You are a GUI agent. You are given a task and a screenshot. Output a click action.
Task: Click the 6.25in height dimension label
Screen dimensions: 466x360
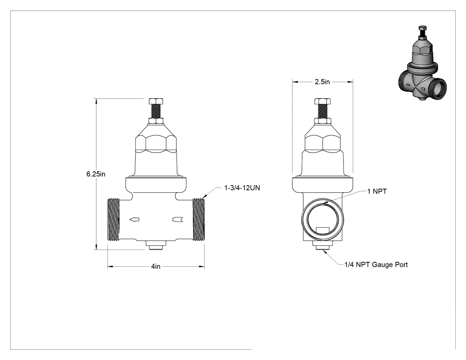coord(96,174)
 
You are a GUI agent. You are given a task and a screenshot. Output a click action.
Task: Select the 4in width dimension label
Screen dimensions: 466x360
coord(156,266)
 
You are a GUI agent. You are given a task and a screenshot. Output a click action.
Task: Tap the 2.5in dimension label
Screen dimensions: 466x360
coord(322,82)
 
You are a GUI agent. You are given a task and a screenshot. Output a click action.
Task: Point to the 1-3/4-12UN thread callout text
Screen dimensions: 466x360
coord(242,188)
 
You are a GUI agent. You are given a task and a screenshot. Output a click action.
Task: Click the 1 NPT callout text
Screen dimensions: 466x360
coord(377,191)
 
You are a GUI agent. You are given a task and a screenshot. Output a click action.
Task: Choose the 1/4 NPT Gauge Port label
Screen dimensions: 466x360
coord(376,265)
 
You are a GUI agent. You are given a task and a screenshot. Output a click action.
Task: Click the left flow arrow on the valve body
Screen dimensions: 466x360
coord(134,220)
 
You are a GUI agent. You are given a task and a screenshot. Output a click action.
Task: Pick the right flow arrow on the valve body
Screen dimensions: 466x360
coord(178,220)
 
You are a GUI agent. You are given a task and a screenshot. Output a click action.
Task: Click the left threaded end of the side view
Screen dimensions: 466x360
coord(114,220)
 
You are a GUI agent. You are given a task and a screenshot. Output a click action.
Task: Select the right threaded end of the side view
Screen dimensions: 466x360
coord(198,220)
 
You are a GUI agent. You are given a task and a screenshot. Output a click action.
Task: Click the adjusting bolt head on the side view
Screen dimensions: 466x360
coord(156,101)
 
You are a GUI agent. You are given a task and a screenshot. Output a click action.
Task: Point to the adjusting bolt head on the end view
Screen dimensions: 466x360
coord(323,101)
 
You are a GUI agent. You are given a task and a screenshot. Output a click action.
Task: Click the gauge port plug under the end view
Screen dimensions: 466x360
coord(323,245)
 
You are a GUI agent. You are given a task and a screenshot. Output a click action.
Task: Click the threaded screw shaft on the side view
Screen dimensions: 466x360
coord(156,111)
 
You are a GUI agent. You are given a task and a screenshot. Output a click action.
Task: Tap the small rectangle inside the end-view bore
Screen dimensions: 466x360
coord(323,230)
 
